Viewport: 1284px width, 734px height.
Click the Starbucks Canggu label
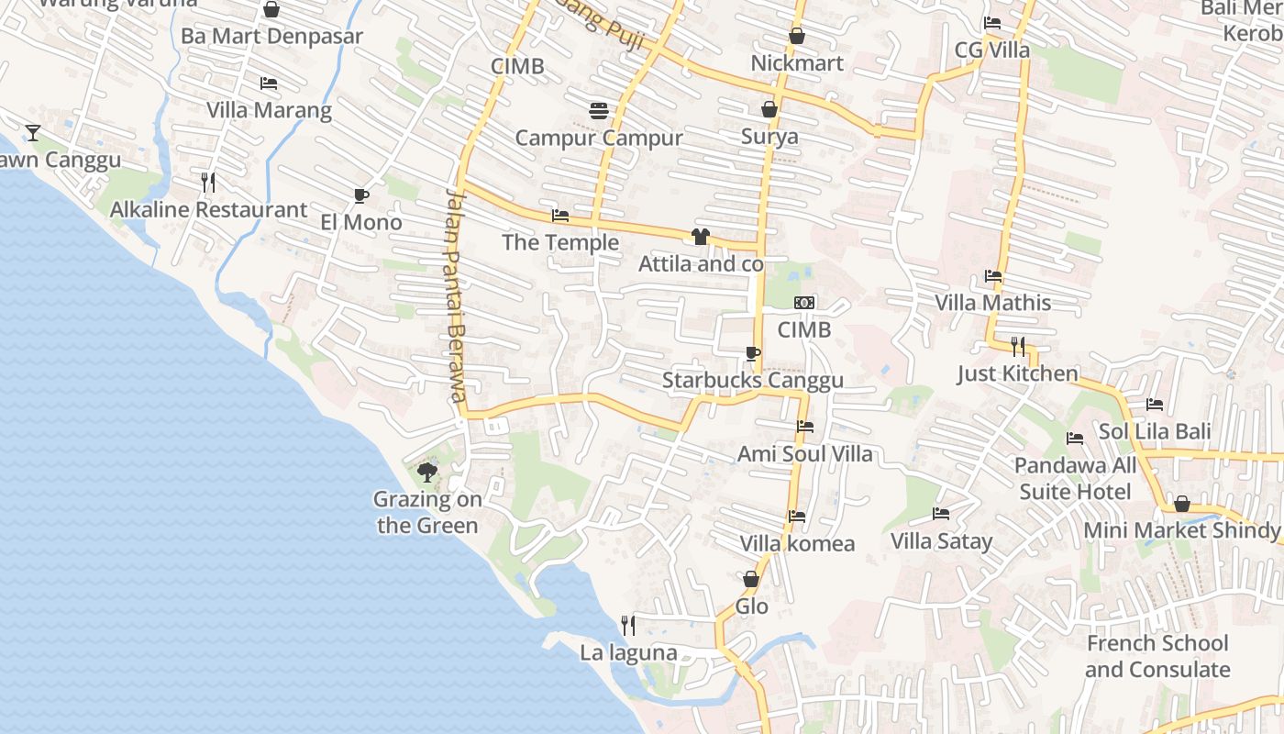(x=753, y=380)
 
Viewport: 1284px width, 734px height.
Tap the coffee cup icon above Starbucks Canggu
(x=753, y=354)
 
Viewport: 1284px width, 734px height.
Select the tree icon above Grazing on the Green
(x=426, y=473)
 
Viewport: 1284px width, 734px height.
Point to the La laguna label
(x=628, y=653)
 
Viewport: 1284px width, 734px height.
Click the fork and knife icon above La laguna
(x=628, y=626)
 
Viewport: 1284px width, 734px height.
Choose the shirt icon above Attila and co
(x=701, y=237)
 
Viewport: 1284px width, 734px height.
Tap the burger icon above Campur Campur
(x=599, y=111)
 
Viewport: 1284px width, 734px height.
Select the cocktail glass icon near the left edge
(x=33, y=133)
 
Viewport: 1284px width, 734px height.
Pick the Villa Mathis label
(x=992, y=302)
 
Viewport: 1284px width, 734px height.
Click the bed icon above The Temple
(x=560, y=216)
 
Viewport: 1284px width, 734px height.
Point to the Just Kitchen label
(x=1018, y=373)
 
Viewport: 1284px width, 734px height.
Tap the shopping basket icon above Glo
(x=751, y=579)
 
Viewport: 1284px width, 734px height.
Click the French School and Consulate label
(x=1157, y=656)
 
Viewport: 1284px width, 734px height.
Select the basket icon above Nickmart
(x=796, y=36)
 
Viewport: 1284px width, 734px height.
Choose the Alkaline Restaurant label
(x=208, y=209)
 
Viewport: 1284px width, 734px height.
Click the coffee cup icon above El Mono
(x=361, y=195)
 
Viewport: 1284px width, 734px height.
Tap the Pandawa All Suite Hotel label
(x=1075, y=479)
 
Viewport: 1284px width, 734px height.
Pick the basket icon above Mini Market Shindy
(x=1182, y=504)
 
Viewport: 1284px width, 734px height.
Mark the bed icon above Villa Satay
(x=941, y=514)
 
